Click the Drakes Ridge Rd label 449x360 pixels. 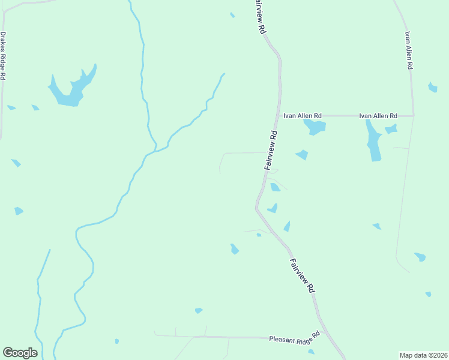tap(3, 56)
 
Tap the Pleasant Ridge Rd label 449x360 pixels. tap(294, 338)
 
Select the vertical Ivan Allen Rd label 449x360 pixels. tap(409, 50)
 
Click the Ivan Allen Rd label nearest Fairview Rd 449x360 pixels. tap(303, 115)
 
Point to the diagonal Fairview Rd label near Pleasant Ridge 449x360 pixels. tap(303, 275)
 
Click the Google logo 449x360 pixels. tap(20, 353)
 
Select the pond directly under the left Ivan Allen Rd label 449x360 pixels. tap(315, 127)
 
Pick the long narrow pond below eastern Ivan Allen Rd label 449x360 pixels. tap(374, 143)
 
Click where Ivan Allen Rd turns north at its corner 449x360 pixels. tap(413, 115)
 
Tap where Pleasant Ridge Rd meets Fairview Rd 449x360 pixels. tap(322, 331)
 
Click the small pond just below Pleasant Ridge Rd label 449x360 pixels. tap(310, 352)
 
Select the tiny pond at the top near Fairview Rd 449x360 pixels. tap(232, 15)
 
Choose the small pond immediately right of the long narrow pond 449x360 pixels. tap(391, 129)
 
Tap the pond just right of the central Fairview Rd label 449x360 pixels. tap(301, 155)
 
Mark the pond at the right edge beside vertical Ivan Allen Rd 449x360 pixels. tap(432, 88)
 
